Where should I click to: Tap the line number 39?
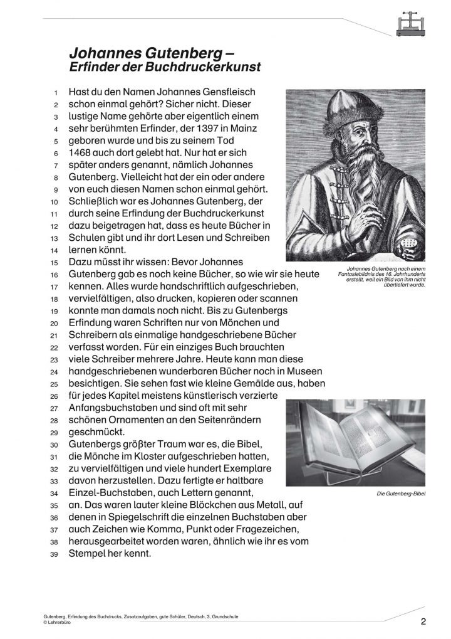pos(54,555)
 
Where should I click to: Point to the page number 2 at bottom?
pos(423,622)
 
